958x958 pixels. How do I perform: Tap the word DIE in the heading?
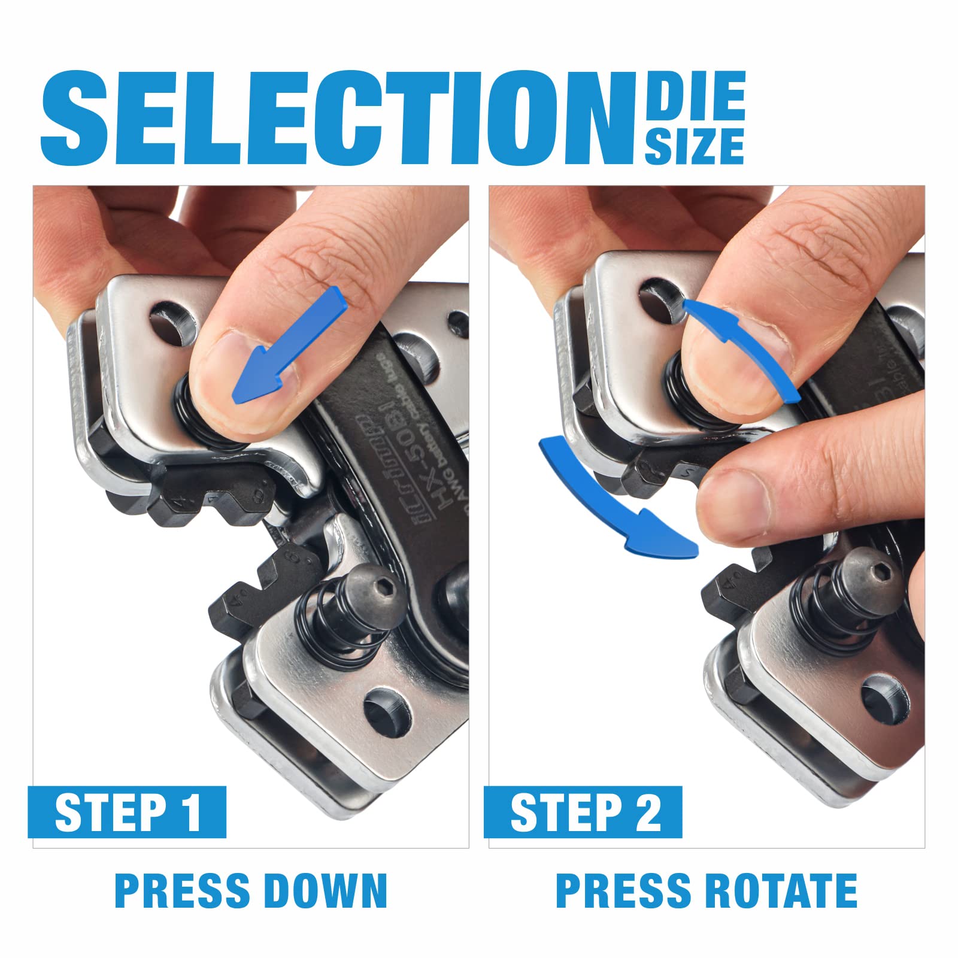point(695,96)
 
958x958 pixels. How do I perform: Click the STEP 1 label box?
point(127,812)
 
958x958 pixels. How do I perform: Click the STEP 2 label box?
point(583,812)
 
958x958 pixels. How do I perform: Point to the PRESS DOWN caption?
point(251,890)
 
